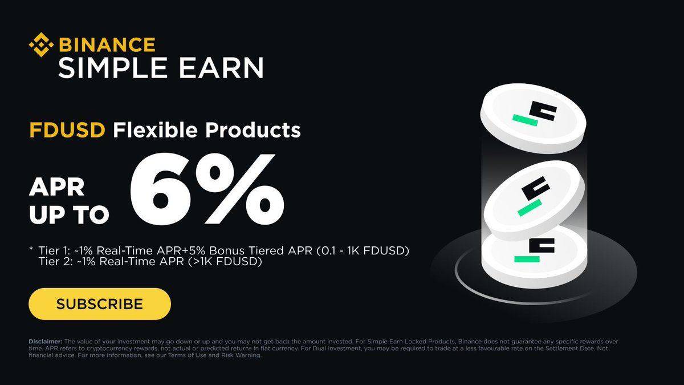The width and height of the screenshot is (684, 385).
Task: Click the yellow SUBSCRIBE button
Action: (100, 303)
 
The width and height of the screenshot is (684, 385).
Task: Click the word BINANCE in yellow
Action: (107, 44)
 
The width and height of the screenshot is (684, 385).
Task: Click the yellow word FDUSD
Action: (67, 131)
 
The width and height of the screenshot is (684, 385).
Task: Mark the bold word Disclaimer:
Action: (46, 342)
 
